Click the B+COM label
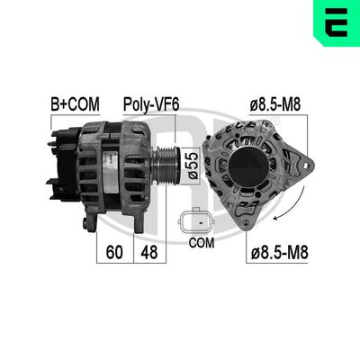(x=74, y=105)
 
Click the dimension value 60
(x=114, y=253)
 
